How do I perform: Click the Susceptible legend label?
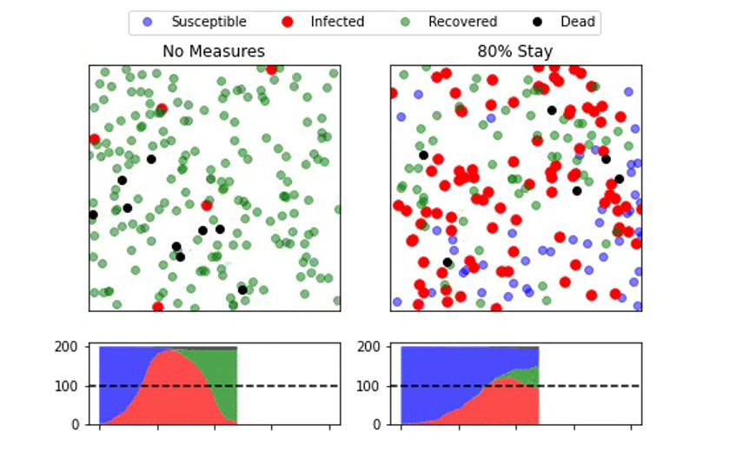pos(209,22)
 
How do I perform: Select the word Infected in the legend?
pos(337,22)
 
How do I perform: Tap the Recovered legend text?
pos(462,22)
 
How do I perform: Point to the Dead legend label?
pos(578,22)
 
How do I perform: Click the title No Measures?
pos(214,51)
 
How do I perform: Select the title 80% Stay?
pos(514,51)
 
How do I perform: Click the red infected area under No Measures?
pos(169,391)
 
